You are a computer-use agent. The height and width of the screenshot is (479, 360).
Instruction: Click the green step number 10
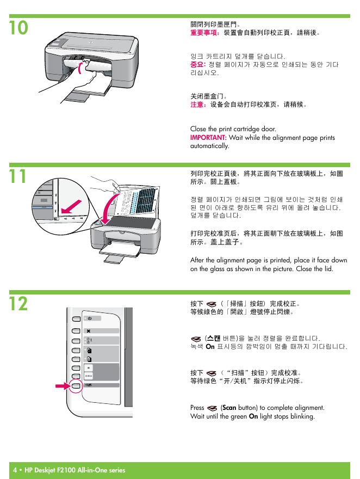[x=18, y=28]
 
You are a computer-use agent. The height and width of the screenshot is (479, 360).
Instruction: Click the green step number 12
[x=18, y=304]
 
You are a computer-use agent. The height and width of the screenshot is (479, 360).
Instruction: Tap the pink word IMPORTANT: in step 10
[x=208, y=138]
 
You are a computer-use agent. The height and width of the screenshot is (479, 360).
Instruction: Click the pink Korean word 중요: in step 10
[x=198, y=64]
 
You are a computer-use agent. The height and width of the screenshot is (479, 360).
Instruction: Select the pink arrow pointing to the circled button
[x=63, y=386]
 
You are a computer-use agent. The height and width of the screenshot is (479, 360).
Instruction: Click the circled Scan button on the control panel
[x=76, y=386]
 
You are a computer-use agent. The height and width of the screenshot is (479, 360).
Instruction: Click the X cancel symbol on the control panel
[x=89, y=331]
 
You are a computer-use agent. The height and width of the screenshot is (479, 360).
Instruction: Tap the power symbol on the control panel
[x=89, y=318]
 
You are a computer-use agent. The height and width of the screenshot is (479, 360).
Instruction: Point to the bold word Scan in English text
[x=229, y=408]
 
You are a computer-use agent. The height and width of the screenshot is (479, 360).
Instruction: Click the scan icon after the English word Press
[x=212, y=408]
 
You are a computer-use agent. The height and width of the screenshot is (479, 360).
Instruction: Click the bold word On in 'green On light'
[x=253, y=416]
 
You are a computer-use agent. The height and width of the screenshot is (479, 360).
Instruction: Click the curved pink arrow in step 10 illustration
[x=80, y=67]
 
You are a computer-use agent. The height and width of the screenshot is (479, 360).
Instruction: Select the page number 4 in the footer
[x=15, y=470]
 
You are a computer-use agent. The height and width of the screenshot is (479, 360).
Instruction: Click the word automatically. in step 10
[x=209, y=146]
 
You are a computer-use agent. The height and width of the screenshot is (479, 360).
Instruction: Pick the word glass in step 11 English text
[x=216, y=269]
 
